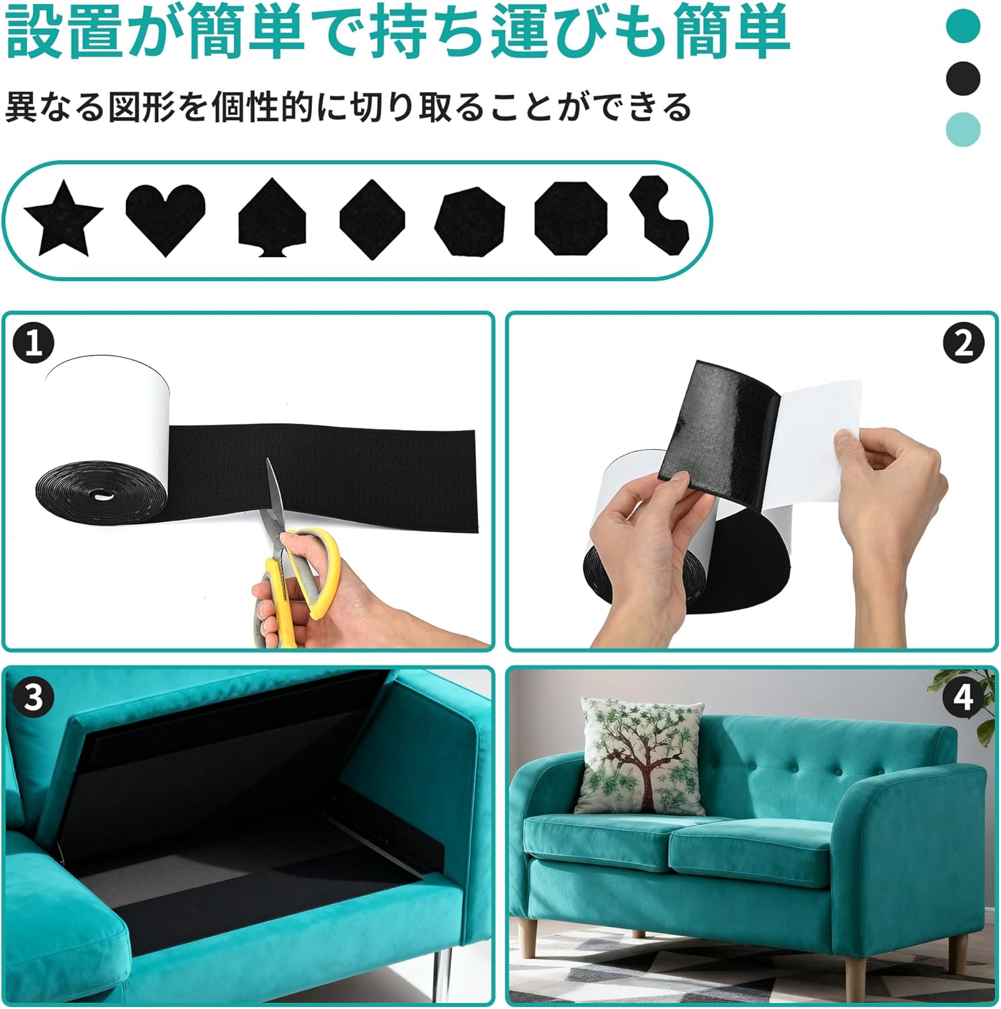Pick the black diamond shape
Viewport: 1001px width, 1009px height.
[x=372, y=219]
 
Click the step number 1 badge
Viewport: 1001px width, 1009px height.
[x=33, y=343]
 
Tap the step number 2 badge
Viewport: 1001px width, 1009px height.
[x=963, y=343]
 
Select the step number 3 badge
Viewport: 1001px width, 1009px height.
[x=33, y=697]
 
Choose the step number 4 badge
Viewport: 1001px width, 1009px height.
[x=963, y=697]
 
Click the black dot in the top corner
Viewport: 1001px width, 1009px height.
[x=963, y=78]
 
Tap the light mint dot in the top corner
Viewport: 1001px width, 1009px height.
[x=963, y=129]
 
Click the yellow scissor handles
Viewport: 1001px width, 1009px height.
[x=299, y=582]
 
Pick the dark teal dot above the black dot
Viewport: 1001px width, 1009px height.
[x=963, y=26]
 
